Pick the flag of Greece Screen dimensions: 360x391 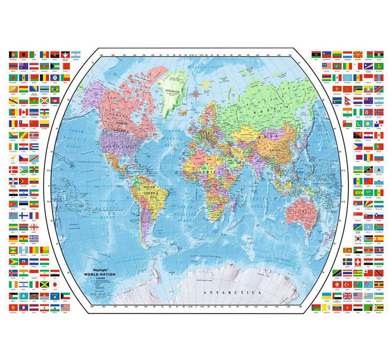tap(34, 238)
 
